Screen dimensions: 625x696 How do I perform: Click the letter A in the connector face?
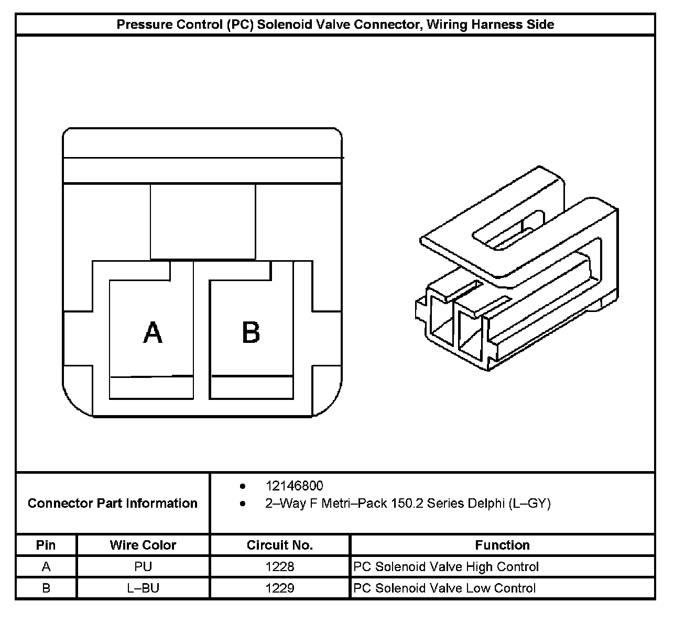point(153,332)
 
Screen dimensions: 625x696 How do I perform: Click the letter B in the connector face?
point(251,332)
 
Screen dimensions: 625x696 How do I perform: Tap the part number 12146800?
point(294,486)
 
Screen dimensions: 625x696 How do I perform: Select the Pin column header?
point(46,545)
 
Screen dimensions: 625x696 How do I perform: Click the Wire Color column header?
point(143,545)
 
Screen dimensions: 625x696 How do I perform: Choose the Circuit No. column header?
point(280,545)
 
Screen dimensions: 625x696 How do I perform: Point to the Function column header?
point(502,545)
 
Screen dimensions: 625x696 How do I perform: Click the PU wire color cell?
point(143,566)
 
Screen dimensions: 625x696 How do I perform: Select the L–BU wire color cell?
point(143,588)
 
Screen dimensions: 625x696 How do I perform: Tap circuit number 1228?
point(280,566)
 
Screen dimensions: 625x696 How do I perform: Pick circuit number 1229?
point(280,588)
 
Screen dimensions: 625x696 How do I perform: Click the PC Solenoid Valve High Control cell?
point(446,566)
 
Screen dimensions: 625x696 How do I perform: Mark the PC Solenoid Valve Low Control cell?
point(444,588)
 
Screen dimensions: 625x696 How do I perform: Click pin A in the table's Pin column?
point(46,566)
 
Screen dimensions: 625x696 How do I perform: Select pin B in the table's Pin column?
point(46,588)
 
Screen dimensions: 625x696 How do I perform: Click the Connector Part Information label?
point(113,503)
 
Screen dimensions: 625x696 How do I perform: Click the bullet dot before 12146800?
point(243,486)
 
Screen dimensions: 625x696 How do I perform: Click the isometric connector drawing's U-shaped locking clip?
point(503,220)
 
